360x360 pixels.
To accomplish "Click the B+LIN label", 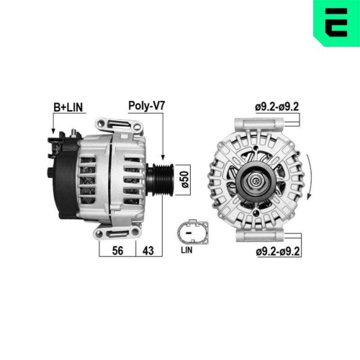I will pyautogui.click(x=68, y=107).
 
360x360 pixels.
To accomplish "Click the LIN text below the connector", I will pyautogui.click(x=186, y=251).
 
